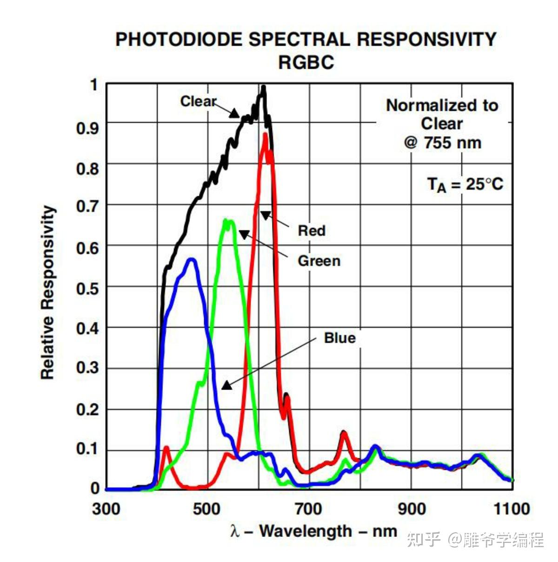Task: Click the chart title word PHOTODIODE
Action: click(x=179, y=39)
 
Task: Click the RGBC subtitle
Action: click(x=306, y=62)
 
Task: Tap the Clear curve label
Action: click(x=198, y=101)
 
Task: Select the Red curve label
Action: click(x=312, y=230)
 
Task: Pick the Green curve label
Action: click(x=319, y=261)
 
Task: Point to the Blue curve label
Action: click(x=340, y=338)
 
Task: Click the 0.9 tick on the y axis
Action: click(x=87, y=127)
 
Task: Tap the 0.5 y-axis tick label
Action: click(x=87, y=289)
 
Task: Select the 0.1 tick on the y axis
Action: click(x=87, y=449)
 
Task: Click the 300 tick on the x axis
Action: click(x=106, y=509)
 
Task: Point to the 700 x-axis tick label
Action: click(x=309, y=509)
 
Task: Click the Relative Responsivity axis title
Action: click(x=48, y=293)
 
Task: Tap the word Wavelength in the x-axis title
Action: click(x=306, y=531)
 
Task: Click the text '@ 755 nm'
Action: click(x=442, y=143)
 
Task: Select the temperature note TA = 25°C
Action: click(x=465, y=185)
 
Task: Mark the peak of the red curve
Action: click(x=265, y=135)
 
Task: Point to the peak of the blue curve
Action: click(x=191, y=259)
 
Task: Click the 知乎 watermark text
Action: click(x=423, y=540)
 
